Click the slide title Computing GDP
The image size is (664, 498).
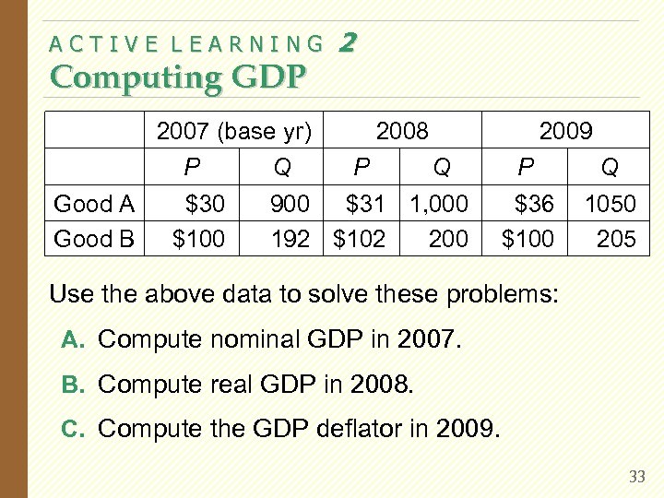coord(177,77)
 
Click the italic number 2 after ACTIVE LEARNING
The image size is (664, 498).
coord(348,41)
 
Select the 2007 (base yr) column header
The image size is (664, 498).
coord(236,132)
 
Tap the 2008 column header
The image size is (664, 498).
coord(403,132)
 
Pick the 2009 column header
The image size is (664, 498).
coord(565,132)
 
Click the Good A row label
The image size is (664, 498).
coord(95,204)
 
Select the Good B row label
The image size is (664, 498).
coord(95,240)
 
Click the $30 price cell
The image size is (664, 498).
coord(205,204)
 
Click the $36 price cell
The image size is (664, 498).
coord(533,204)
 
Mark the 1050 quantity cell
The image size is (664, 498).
coord(610,204)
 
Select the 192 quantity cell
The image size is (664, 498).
coord(290,240)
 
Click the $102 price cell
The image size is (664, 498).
coord(359,240)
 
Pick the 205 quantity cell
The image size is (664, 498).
coord(615,240)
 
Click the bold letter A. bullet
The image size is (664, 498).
coord(73,339)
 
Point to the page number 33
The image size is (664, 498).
coord(636,477)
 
